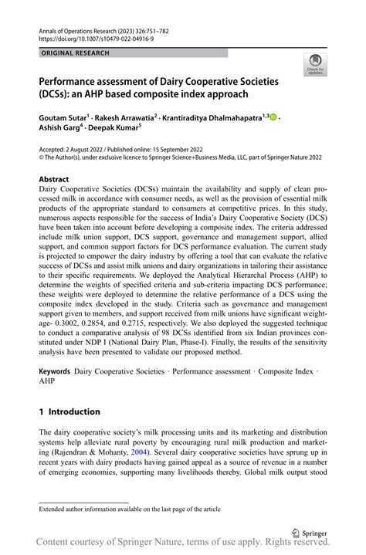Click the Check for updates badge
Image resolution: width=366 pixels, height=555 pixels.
tap(314, 66)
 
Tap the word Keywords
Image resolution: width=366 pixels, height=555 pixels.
tap(59, 372)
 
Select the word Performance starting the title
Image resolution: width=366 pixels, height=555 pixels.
tap(78, 81)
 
